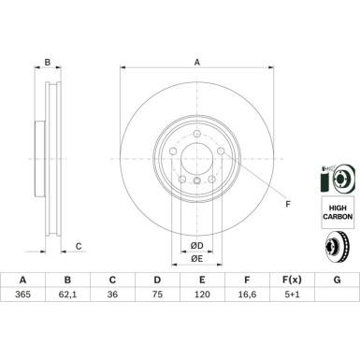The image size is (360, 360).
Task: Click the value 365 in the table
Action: (x=22, y=295)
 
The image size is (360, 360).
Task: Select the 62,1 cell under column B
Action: (x=67, y=295)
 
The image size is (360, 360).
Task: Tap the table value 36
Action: (x=112, y=295)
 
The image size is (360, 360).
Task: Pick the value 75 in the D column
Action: (x=157, y=295)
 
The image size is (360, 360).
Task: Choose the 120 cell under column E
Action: (x=202, y=295)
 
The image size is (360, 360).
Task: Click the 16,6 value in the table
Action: (x=247, y=295)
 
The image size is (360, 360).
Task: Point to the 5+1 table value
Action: (x=292, y=295)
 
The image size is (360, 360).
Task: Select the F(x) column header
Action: (x=292, y=280)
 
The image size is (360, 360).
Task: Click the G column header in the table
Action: (x=337, y=280)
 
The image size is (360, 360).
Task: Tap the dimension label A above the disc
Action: (x=197, y=63)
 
